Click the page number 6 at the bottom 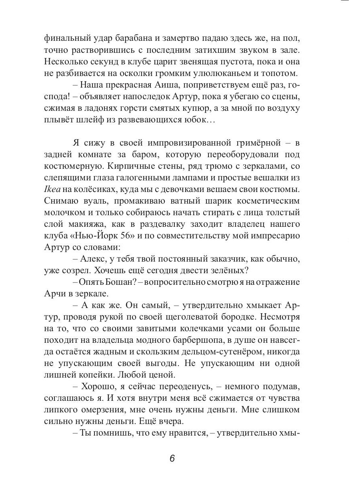click(x=172, y=458)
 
